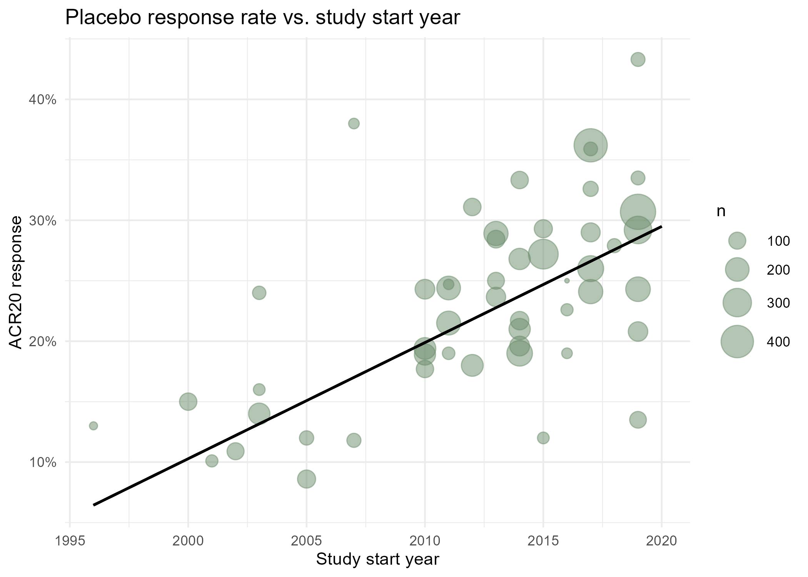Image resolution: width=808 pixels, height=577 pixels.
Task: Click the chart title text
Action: point(262,17)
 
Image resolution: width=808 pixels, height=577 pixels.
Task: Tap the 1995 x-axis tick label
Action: point(70,541)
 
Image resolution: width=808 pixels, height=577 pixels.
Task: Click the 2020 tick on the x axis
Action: point(661,541)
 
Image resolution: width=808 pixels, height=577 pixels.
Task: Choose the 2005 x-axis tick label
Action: point(306,541)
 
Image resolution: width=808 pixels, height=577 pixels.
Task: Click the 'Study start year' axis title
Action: point(377,559)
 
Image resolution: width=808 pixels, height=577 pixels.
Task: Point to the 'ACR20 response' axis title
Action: point(16,282)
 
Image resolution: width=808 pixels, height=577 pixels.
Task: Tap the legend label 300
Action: point(778,303)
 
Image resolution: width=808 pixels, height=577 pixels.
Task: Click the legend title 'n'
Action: point(721,211)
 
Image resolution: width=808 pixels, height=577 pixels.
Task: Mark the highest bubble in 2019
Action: point(638,60)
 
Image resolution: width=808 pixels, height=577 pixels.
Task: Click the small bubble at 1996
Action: point(93,426)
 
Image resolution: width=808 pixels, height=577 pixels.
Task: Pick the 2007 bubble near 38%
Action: point(354,123)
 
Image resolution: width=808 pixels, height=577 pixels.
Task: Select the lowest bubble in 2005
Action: point(306,479)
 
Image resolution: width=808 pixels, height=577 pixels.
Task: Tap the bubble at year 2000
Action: point(188,402)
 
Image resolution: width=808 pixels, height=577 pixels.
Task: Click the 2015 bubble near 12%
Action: point(543,438)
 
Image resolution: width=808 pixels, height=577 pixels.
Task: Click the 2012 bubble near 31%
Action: point(472,207)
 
